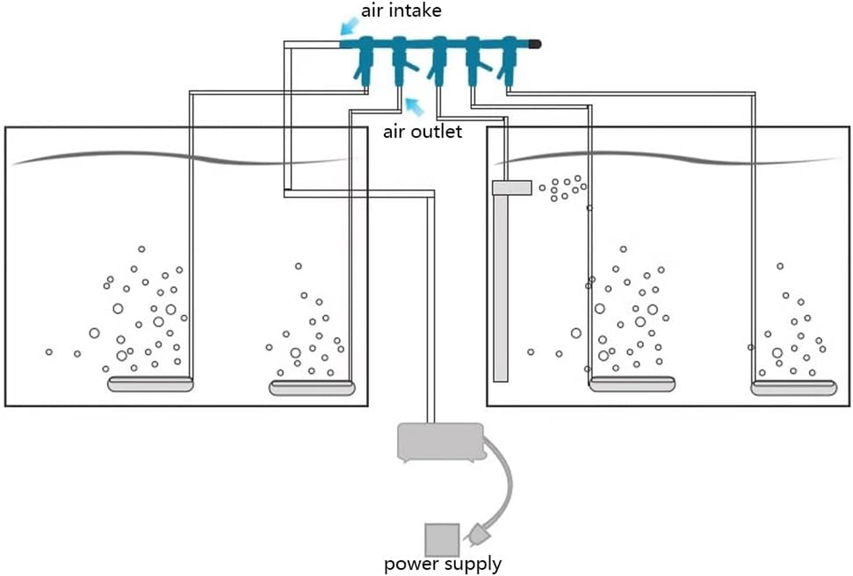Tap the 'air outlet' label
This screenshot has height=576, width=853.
tap(421, 132)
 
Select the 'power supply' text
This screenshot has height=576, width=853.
tap(442, 563)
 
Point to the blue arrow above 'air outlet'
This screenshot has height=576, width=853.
tap(413, 108)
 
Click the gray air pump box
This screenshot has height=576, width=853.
tap(440, 441)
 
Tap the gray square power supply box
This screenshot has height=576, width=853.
tap(441, 538)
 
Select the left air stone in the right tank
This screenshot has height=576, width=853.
tap(633, 384)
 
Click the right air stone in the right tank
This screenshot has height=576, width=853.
tap(794, 388)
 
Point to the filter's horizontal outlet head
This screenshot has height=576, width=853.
tap(512, 188)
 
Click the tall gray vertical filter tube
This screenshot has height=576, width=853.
tap(501, 288)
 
